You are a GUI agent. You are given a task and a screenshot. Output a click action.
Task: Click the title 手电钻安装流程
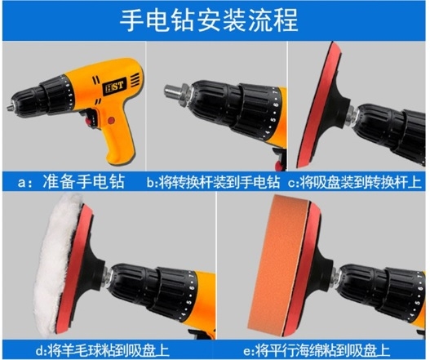[209, 21]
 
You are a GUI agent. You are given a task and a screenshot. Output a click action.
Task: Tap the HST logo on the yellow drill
[114, 87]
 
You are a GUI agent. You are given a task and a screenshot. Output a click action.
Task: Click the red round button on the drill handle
[111, 121]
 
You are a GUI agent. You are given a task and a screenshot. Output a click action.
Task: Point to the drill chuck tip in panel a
[9, 107]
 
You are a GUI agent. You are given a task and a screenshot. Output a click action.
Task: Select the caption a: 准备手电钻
[72, 181]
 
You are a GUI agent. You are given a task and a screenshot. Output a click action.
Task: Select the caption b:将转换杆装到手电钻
[213, 182]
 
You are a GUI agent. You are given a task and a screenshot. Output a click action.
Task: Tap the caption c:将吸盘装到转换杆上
[355, 182]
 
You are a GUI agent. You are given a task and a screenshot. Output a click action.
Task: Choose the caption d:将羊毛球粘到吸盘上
[102, 350]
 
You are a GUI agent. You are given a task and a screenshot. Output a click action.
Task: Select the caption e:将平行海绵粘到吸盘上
[317, 350]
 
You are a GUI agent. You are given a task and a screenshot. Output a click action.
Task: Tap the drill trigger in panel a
[90, 118]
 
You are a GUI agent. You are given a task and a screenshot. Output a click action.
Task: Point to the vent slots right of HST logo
[135, 79]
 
